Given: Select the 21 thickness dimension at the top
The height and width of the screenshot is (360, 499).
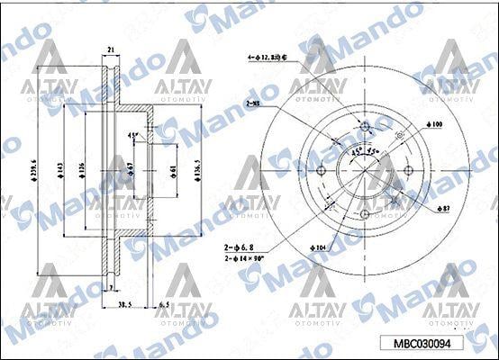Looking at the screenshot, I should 111,49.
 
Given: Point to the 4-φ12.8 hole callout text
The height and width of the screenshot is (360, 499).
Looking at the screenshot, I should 280,56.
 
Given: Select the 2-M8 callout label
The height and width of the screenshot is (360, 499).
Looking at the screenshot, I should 256,103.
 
